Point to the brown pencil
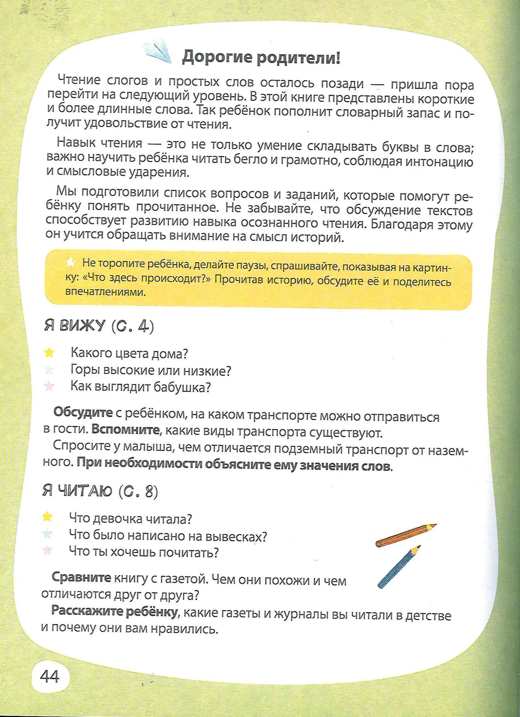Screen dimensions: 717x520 (406, 534)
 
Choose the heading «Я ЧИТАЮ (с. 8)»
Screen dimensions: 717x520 (100, 491)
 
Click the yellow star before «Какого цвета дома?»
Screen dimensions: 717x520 (49, 353)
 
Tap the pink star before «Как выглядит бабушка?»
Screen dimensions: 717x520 (49, 386)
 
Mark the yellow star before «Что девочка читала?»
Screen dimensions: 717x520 (47, 517)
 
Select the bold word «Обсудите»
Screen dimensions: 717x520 (83, 412)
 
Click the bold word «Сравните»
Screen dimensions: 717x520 (81, 577)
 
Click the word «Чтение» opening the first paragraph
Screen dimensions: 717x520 (79, 80)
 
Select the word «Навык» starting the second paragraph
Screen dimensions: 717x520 (76, 143)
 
